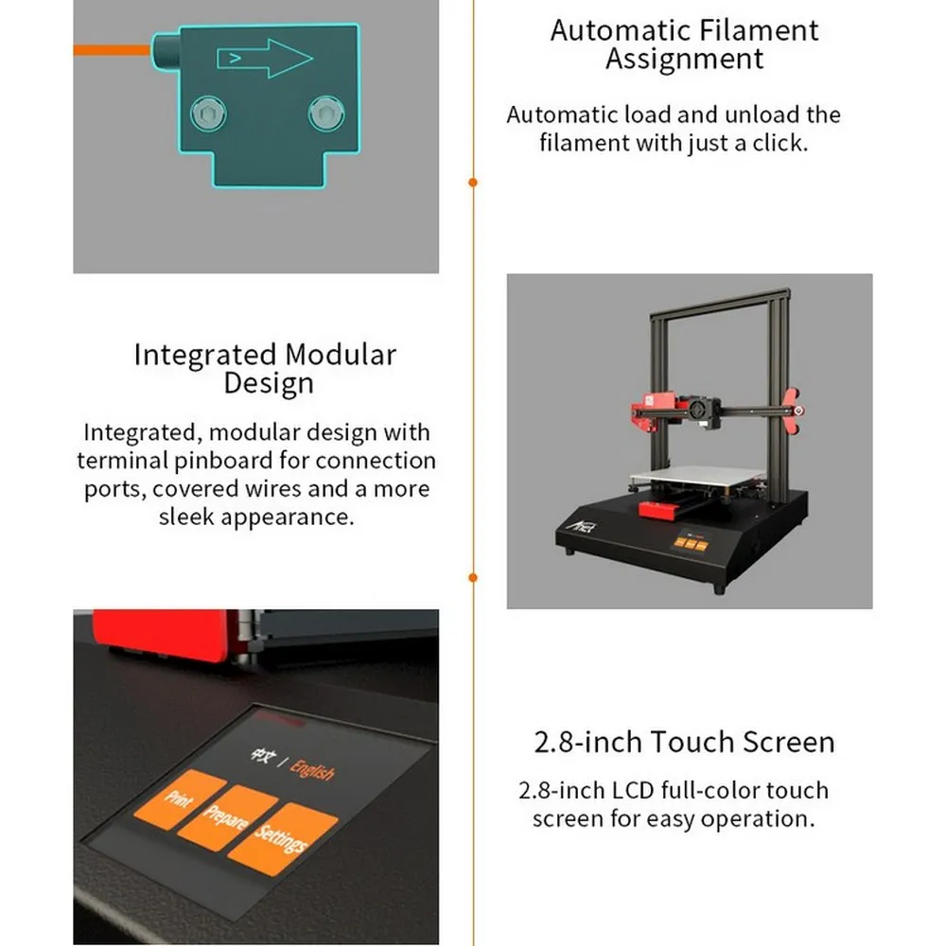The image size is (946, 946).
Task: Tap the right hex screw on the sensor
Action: click(325, 114)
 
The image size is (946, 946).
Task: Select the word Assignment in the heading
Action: click(684, 60)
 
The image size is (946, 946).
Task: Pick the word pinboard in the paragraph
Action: click(257, 461)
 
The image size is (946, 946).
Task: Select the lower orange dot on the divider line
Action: click(473, 577)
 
